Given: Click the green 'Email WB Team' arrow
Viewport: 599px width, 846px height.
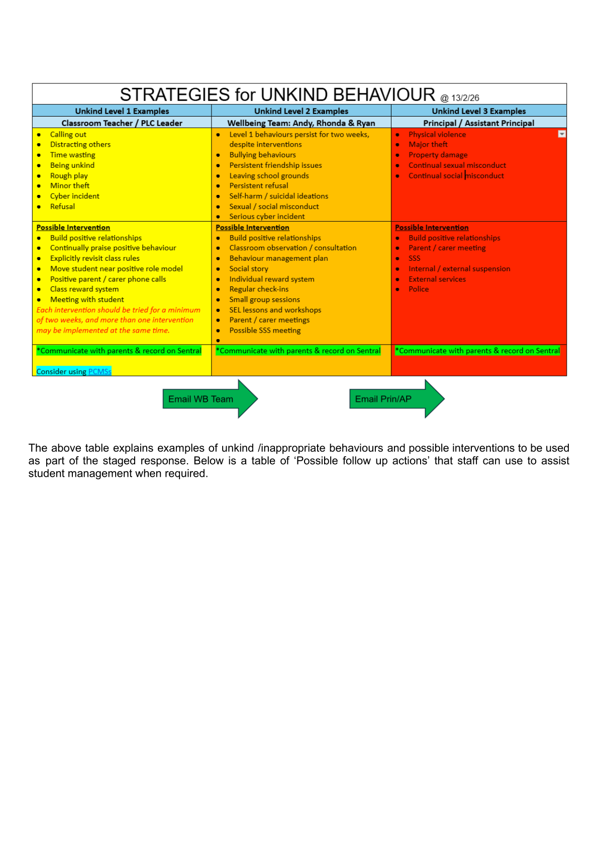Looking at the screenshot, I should (201, 399).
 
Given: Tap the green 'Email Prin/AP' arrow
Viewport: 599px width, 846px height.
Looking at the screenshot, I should (384, 399).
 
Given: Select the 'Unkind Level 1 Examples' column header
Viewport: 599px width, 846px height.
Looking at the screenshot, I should (122, 111).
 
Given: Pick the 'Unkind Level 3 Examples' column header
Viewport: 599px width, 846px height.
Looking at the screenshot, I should (479, 111).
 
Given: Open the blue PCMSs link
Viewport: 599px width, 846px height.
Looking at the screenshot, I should (99, 371).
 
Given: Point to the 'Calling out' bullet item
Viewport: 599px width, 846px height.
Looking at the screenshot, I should (68, 134).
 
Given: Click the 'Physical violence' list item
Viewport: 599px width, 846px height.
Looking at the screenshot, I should (437, 134).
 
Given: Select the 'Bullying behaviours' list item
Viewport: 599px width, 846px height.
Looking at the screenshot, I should (262, 155).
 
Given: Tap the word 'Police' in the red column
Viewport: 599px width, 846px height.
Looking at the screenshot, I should (419, 289).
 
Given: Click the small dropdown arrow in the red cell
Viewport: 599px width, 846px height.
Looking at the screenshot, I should (562, 134).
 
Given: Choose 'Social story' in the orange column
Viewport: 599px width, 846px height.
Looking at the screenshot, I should (249, 268).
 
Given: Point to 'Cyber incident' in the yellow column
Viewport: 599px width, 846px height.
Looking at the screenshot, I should (75, 196).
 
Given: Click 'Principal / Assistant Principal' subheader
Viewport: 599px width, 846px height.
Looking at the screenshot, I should (479, 123).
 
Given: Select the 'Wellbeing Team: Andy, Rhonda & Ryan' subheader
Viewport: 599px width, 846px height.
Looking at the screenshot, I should (301, 123).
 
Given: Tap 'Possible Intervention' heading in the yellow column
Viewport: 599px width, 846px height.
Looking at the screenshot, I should (73, 227).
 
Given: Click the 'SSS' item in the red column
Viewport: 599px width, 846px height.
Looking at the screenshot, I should (415, 258).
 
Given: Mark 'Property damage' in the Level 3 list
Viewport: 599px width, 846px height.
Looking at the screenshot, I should (438, 155).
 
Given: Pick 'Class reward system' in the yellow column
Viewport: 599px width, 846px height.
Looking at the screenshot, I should (84, 289).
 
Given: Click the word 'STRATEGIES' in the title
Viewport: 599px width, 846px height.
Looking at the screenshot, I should (175, 94).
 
